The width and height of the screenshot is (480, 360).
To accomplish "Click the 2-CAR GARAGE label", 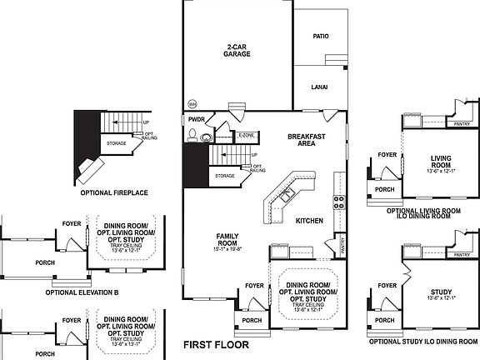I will tap(237, 50).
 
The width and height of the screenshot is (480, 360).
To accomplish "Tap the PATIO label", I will tap(320, 37).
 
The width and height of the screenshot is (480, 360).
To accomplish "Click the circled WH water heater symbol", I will tap(192, 104).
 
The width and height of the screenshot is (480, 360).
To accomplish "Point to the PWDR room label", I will tap(196, 120).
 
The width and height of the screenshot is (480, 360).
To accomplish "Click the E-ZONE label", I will tap(246, 135).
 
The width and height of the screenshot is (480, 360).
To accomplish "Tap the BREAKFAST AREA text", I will tap(306, 140).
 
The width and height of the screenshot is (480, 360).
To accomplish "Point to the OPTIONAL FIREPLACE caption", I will tap(114, 192).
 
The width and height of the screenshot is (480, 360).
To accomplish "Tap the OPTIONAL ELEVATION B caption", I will tap(82, 292).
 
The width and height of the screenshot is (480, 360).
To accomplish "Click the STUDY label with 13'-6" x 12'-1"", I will tap(442, 293).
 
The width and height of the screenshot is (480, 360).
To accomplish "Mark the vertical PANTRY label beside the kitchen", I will tap(342, 245).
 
